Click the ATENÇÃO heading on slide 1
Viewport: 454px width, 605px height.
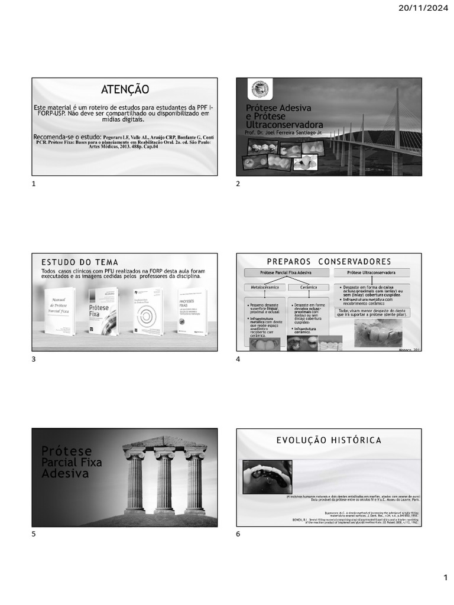(x=125, y=89)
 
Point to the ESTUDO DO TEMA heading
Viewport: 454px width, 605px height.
(x=80, y=262)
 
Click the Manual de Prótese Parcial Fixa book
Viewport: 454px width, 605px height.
(x=60, y=311)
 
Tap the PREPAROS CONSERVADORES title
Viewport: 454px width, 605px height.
(x=329, y=261)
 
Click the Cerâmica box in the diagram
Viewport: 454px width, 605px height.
(x=309, y=287)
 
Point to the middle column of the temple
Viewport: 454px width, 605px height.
(x=164, y=482)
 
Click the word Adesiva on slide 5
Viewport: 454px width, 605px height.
(x=65, y=474)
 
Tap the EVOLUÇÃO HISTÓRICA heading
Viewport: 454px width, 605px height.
(x=329, y=440)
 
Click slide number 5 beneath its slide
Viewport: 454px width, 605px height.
(x=34, y=534)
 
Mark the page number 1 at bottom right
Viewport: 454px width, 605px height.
(x=446, y=577)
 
